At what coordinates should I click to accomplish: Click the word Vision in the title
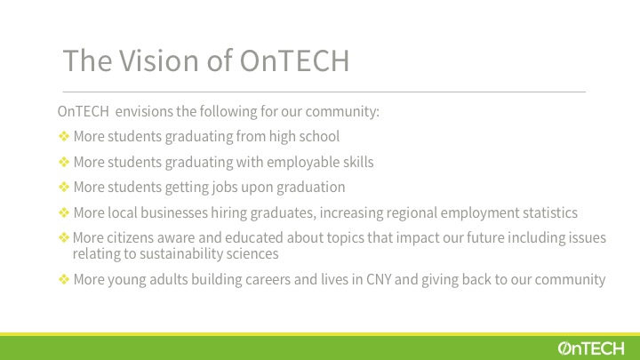159,60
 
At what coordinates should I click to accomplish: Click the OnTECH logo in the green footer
591,348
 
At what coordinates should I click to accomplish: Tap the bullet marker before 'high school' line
64,136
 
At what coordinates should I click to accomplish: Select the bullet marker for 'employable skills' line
64,162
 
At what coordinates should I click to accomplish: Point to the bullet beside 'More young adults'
64,279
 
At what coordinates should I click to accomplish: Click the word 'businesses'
174,212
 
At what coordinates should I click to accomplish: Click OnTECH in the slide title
294,60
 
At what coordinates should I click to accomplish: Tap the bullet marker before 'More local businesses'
64,212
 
